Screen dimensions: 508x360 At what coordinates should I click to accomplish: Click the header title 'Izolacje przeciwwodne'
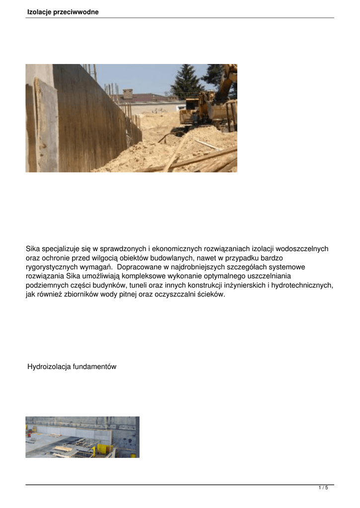tap(63, 12)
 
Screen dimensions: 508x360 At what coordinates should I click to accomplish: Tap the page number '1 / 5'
tap(323, 488)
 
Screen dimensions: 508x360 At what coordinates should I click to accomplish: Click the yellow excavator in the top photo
tap(209, 107)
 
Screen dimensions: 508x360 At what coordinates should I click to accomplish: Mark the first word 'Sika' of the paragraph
tap(33, 249)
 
